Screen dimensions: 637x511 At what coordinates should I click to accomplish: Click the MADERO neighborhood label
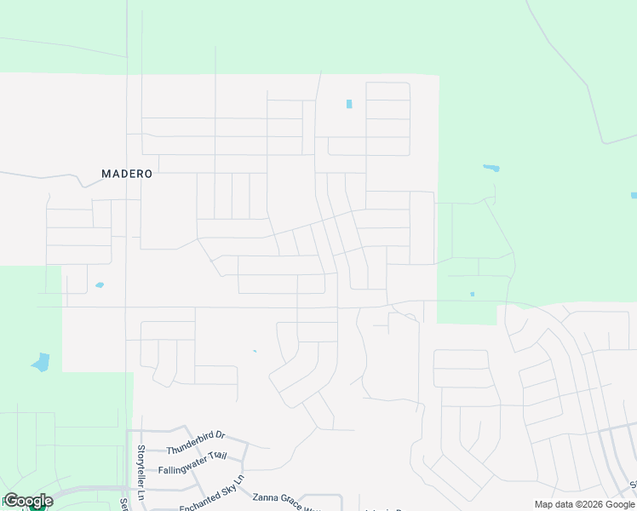[x=127, y=174]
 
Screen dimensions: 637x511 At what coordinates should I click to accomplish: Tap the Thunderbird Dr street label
[x=195, y=441]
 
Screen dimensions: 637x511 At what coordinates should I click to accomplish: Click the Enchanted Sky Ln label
[x=212, y=495]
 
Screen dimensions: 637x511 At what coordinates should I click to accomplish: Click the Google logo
[x=28, y=501]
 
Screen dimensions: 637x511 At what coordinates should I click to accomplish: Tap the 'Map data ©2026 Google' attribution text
[x=583, y=504]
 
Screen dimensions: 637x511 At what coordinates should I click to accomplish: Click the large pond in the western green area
[x=41, y=362]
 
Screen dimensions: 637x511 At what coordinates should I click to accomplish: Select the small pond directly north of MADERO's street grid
[x=349, y=104]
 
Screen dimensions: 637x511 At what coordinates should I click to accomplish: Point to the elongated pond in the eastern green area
[x=491, y=168]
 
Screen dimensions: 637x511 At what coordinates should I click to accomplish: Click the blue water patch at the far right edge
[x=634, y=195]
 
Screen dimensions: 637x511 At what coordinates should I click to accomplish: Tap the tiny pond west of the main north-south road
[x=100, y=284]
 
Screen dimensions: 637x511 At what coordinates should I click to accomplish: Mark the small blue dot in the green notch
[x=473, y=295]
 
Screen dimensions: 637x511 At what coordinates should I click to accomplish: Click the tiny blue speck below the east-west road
[x=255, y=351]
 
